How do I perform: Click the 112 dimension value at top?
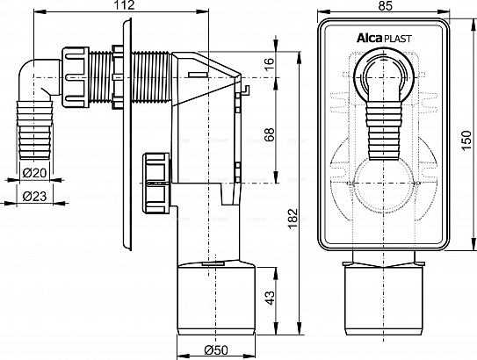[125, 5]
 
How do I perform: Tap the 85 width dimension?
[385, 5]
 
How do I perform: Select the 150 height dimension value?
[466, 140]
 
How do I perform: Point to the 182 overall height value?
[292, 219]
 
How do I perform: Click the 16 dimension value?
[269, 64]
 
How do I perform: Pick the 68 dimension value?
[269, 134]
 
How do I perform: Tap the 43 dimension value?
[269, 298]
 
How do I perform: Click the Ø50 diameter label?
[216, 350]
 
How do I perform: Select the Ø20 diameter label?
[34, 173]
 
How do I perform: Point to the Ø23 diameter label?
[34, 197]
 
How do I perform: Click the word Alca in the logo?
[369, 39]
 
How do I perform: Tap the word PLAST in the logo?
[398, 39]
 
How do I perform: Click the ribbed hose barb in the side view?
[36, 129]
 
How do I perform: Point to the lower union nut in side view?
[156, 184]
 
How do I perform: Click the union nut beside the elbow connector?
[76, 77]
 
